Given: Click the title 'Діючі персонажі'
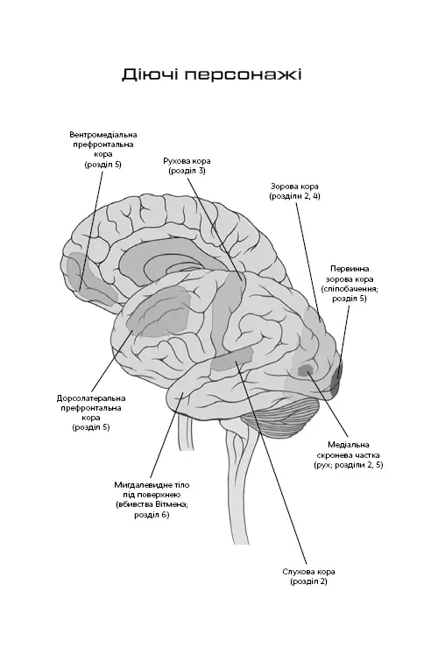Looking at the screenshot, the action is point(212,74).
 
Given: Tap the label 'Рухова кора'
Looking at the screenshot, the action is point(187,161).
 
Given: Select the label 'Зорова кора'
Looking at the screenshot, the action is point(294,187).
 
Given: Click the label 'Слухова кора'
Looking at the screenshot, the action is point(308,572).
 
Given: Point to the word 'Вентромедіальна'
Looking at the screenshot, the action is point(103,135).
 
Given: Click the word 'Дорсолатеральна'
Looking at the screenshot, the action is point(91,398).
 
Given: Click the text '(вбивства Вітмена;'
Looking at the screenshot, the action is point(152,504).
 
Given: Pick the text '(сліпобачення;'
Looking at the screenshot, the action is point(350,289).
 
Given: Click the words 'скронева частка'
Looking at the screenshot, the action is point(349,455).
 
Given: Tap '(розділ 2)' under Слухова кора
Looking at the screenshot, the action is point(308,581).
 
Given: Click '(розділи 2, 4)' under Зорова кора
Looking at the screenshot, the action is point(294,196).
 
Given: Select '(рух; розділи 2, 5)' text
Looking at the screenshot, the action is point(349,465).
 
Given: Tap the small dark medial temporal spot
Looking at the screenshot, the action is point(305,370).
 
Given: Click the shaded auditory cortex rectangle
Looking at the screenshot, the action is point(232,360).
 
